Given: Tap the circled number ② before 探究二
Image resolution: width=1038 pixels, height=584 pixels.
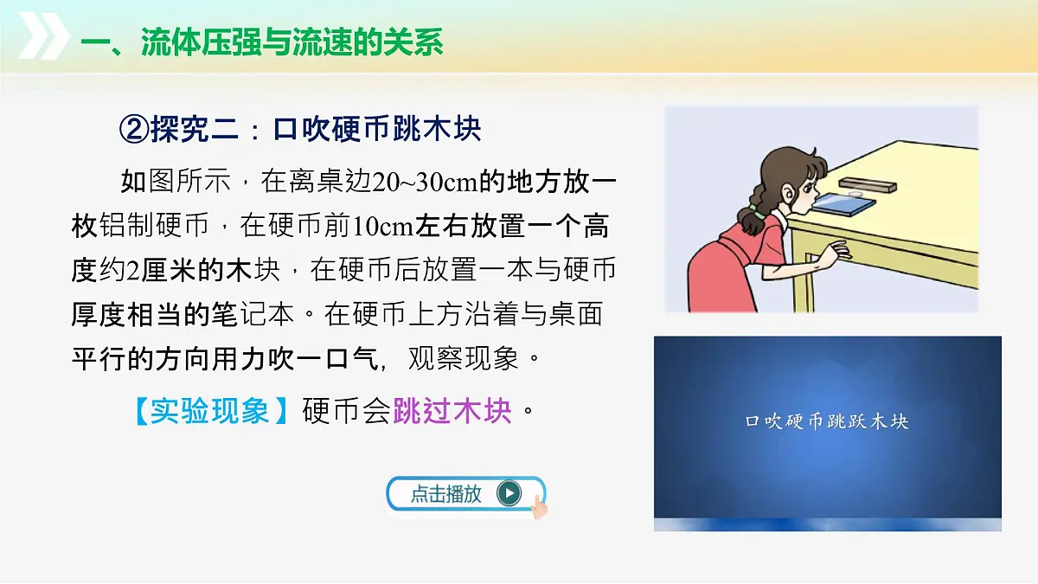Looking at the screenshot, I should point(133,129).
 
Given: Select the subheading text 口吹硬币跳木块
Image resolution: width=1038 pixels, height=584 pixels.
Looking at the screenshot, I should point(377,129).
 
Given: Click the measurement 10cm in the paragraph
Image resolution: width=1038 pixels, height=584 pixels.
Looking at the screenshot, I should point(381,226).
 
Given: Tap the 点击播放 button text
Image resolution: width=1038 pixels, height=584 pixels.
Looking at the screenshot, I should point(445,494).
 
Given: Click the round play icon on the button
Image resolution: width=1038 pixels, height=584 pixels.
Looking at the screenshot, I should point(509,493).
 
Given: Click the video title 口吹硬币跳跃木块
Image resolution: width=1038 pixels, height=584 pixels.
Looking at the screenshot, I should point(827,421).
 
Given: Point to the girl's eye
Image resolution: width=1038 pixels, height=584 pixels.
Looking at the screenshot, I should point(805,185).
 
